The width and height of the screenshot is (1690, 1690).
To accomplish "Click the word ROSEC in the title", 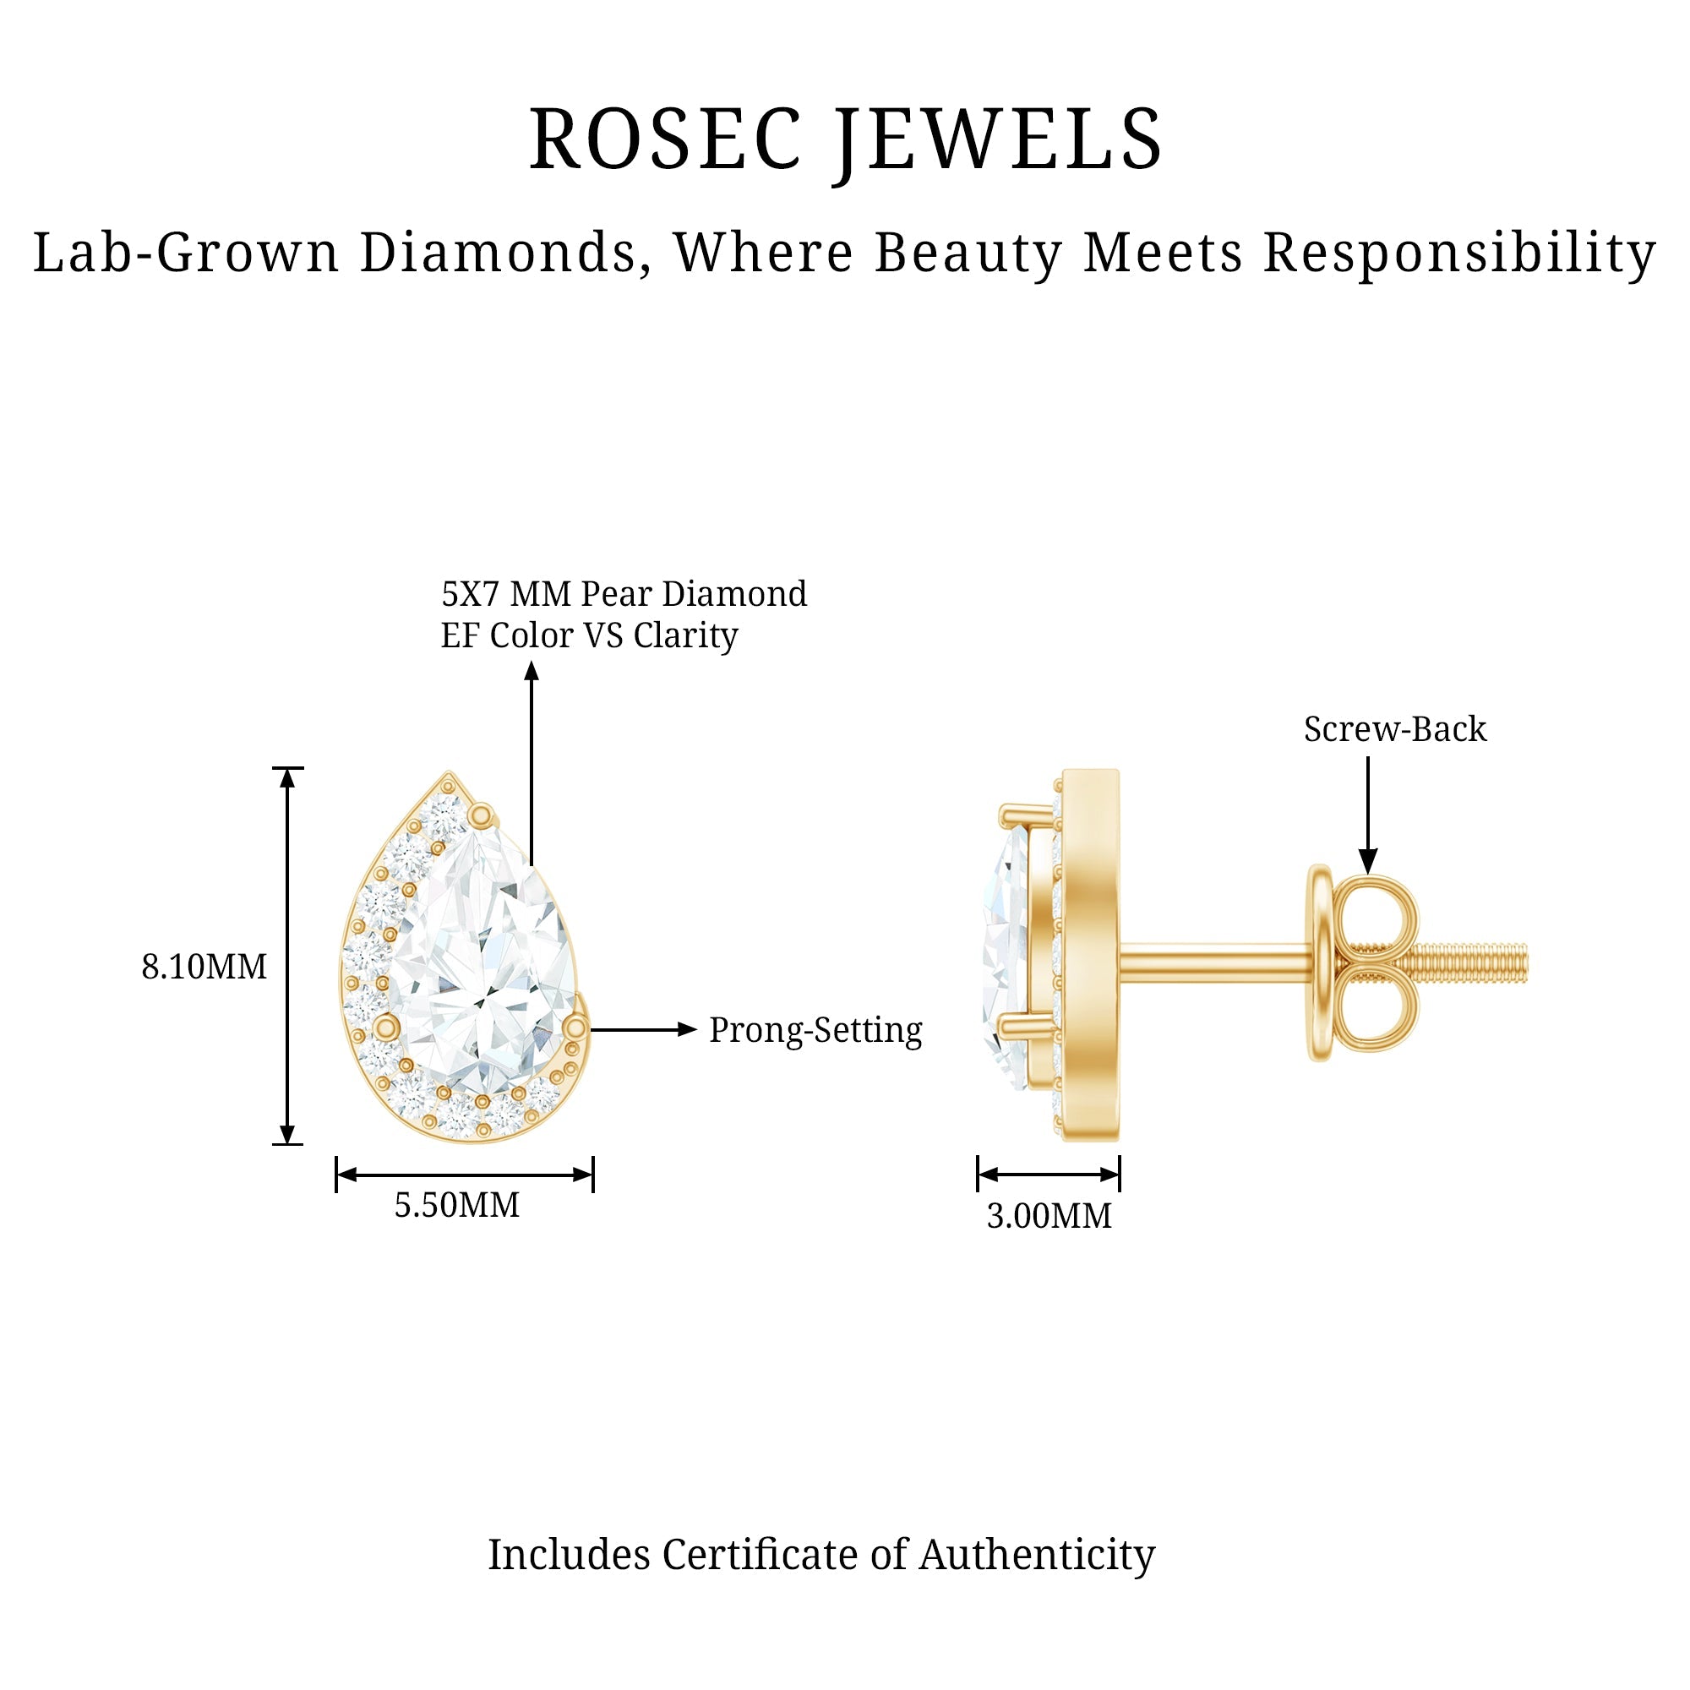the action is (666, 139).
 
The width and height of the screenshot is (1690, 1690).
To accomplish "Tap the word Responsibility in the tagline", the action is (1460, 254).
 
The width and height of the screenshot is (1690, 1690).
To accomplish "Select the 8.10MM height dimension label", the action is (204, 967).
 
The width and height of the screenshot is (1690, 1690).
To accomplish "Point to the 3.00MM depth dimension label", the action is (1049, 1216).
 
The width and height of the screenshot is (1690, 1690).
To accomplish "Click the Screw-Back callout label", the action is (1394, 728).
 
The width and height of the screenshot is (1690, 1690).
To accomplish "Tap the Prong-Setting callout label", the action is (815, 1030).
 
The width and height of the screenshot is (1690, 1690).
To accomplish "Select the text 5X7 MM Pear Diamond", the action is (624, 594).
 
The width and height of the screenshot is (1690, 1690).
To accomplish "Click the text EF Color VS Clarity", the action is (589, 636).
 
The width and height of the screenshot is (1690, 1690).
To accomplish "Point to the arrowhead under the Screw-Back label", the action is (1368, 861).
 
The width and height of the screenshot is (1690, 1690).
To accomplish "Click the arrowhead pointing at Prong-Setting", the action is (688, 1029).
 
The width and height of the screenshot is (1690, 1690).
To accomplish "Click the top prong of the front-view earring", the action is (479, 816).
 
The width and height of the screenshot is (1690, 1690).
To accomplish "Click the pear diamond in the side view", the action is (1005, 958).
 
